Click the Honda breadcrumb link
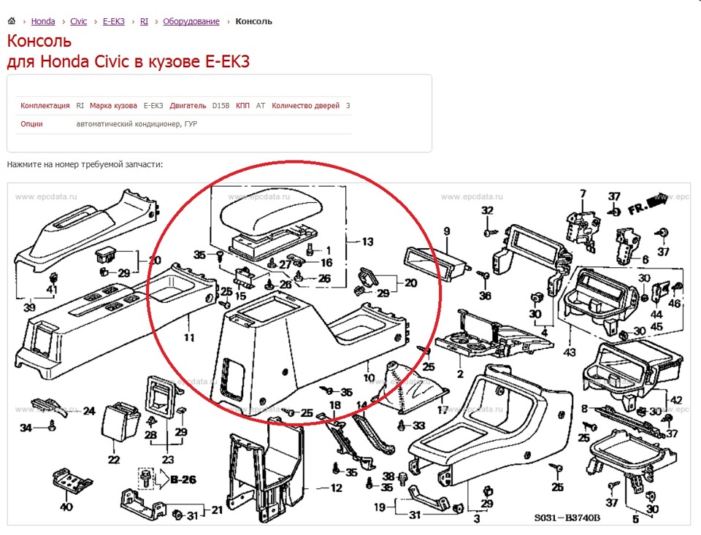coord(43,21)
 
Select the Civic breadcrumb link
coord(79,21)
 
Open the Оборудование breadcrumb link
coord(191,21)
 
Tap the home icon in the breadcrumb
coord(12,20)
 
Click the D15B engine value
coord(221,106)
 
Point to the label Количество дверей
coord(306,106)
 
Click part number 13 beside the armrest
coord(367,242)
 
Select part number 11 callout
coord(189,337)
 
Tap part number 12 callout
coord(336,488)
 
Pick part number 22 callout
coord(114,460)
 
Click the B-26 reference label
coord(183,480)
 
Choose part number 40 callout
coord(66,507)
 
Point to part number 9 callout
coord(447,231)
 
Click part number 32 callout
coord(487,210)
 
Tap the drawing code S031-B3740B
coord(567,517)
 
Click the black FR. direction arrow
coord(659,199)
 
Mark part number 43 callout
coord(569,353)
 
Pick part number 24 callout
coord(89,411)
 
